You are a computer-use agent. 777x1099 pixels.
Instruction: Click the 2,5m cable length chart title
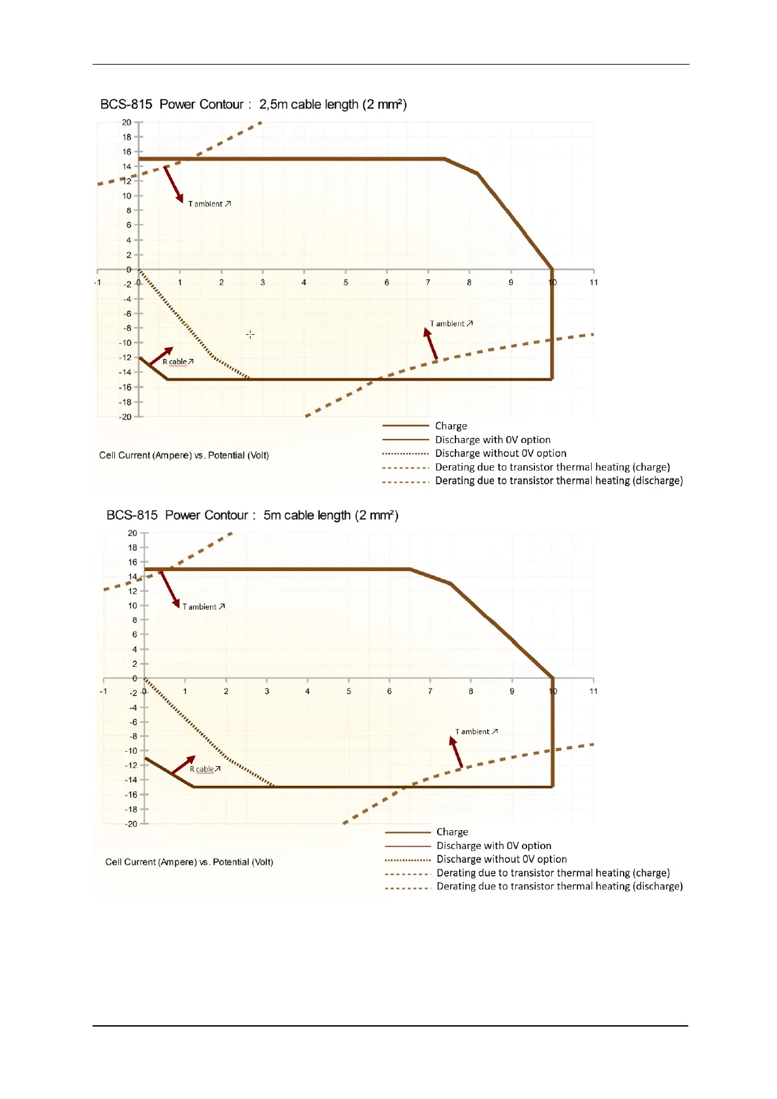(253, 104)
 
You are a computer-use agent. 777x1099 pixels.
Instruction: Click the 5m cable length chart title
(252, 515)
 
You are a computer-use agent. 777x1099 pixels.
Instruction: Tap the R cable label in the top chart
(177, 362)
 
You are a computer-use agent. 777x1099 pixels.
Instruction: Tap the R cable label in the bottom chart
(205, 769)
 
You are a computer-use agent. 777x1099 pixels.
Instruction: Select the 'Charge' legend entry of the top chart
(451, 426)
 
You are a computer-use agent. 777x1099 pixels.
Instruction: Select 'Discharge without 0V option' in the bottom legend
(501, 859)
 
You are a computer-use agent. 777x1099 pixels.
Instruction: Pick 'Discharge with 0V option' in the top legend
(493, 439)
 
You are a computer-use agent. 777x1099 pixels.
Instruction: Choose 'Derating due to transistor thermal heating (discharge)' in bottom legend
(559, 886)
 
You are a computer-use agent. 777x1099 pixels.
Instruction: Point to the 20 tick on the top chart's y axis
(127, 122)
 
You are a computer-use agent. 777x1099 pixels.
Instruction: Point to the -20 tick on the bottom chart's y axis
(132, 824)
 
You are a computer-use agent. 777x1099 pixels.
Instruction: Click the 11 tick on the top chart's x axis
(594, 282)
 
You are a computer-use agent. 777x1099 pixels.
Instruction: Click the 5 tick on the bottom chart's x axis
(348, 691)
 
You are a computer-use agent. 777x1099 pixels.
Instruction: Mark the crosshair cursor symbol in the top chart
(250, 334)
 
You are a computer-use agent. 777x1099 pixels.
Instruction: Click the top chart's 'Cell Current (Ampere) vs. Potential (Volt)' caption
(184, 455)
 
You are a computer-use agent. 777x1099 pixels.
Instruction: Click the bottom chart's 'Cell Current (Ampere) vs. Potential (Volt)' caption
(189, 861)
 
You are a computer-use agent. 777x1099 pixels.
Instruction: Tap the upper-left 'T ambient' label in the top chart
(209, 204)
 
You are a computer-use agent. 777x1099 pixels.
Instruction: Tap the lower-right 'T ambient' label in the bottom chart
(476, 732)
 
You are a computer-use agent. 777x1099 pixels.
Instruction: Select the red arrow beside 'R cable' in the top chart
(161, 356)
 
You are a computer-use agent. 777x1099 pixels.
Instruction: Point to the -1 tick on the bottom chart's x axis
(103, 691)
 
